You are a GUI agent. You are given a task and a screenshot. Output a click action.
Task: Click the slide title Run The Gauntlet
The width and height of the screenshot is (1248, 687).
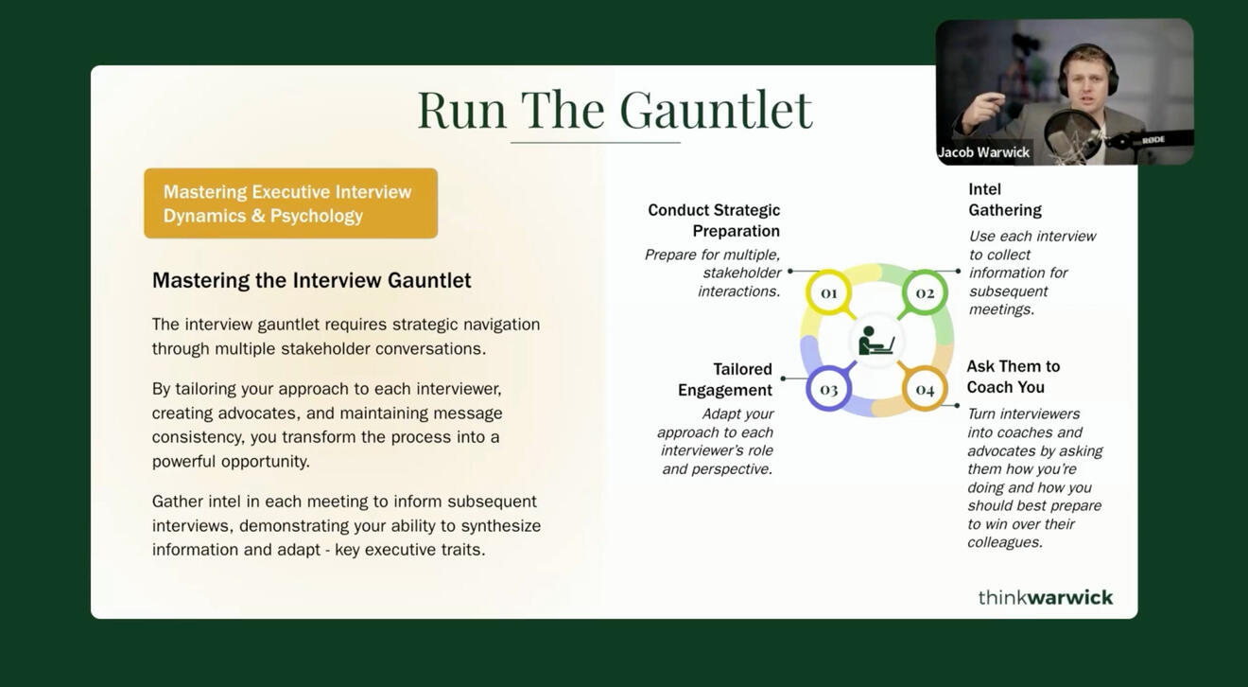(615, 110)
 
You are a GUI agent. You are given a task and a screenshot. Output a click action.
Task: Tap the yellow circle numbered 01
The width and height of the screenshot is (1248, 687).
(828, 292)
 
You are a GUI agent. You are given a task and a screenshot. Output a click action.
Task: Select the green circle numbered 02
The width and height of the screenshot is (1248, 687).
(925, 292)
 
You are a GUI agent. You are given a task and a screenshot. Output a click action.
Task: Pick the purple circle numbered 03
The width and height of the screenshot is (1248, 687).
(828, 389)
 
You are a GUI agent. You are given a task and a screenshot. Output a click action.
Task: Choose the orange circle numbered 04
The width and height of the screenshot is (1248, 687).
(925, 389)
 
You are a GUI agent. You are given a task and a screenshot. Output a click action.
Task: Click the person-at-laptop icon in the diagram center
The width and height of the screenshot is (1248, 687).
(875, 341)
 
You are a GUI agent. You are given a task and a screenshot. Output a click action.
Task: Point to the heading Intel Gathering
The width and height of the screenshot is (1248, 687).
(1004, 200)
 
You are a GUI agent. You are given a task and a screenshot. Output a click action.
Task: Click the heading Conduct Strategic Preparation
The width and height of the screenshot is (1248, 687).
(714, 220)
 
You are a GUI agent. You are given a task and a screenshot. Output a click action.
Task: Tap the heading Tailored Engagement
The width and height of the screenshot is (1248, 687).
(725, 379)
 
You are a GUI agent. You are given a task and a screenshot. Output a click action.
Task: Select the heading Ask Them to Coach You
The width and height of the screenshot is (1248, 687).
(1014, 377)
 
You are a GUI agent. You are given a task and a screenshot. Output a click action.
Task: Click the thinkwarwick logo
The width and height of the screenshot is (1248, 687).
(1046, 597)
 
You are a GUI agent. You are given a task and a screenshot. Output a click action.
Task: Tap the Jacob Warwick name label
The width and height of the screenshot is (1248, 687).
(984, 152)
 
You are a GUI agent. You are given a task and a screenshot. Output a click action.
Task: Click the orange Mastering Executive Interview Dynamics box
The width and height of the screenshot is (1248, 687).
(291, 203)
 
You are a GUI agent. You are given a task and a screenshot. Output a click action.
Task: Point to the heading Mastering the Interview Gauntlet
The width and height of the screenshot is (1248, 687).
(311, 280)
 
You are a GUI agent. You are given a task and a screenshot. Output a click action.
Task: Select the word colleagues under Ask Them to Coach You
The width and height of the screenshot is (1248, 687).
(1004, 542)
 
